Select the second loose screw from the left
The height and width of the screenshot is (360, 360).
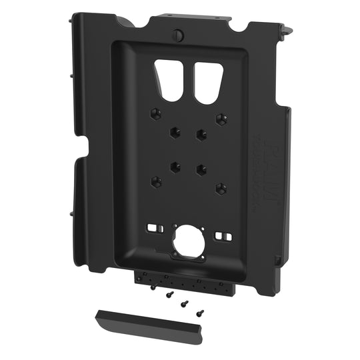pyautogui.click(x=169, y=294)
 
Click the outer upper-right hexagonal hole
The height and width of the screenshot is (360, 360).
pyautogui.click(x=220, y=119)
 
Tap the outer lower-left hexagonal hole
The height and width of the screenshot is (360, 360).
pyautogui.click(x=155, y=181)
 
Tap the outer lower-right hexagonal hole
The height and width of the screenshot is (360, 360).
pyautogui.click(x=221, y=188)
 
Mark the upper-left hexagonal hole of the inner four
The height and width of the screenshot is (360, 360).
pyautogui.click(x=175, y=131)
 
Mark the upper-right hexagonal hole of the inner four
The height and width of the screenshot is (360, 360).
pyautogui.click(x=201, y=134)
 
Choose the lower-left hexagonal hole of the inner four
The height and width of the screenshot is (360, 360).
pyautogui.click(x=175, y=167)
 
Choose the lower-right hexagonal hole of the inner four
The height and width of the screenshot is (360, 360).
pyautogui.click(x=201, y=169)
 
